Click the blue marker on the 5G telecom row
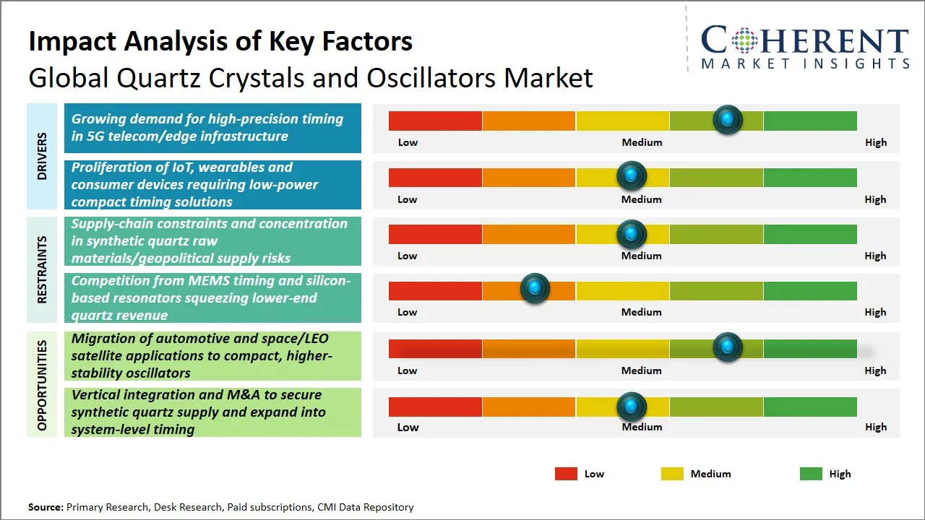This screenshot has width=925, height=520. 727,119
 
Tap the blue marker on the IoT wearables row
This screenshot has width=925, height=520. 632,175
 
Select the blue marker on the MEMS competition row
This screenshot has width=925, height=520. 535,289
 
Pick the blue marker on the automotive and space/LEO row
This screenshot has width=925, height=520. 727,347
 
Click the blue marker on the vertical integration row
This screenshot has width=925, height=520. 632,407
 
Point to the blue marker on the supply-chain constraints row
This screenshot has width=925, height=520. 632,233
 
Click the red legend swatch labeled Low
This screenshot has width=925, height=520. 566,474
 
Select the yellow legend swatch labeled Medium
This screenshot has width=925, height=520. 672,474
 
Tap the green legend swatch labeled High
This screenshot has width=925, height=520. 811,474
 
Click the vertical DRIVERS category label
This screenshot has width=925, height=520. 42,156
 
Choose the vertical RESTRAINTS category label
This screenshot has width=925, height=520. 42,269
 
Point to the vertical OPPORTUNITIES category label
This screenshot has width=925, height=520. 42,385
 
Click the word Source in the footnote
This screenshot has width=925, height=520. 46,507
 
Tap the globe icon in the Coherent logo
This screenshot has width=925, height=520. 744,40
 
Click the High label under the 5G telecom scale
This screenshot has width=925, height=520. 875,142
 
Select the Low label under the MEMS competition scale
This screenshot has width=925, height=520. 408,312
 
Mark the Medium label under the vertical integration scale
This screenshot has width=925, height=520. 642,427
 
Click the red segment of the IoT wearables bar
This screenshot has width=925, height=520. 435,178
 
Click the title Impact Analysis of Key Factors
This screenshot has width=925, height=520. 220,41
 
